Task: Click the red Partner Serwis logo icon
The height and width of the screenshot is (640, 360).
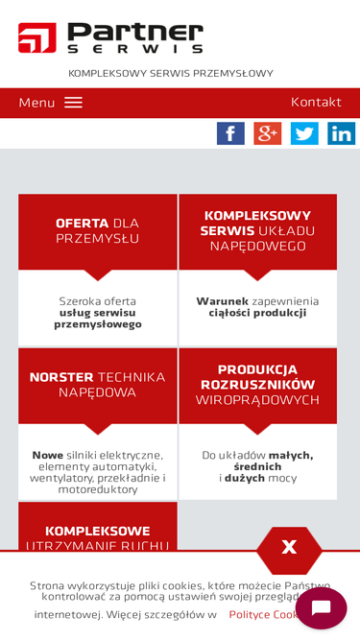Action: pyautogui.click(x=36, y=37)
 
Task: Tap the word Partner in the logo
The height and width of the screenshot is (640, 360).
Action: pyautogui.click(x=135, y=32)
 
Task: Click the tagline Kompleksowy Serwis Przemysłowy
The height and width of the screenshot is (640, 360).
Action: pyautogui.click(x=171, y=73)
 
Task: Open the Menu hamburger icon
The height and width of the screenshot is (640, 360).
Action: pyautogui.click(x=74, y=103)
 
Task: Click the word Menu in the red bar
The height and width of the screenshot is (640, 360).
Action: pyautogui.click(x=36, y=103)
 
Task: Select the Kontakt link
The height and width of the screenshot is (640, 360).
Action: pyautogui.click(x=316, y=102)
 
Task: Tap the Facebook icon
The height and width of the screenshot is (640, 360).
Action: pyautogui.click(x=230, y=133)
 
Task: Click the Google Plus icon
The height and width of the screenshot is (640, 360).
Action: pyautogui.click(x=267, y=133)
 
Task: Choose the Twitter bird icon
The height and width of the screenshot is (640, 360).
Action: pyautogui.click(x=304, y=133)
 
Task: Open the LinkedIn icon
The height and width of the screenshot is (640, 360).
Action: pyautogui.click(x=341, y=133)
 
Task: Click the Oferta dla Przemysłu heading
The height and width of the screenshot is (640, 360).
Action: pyautogui.click(x=97, y=230)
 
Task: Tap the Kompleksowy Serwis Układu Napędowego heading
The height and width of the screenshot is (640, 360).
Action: pyautogui.click(x=257, y=230)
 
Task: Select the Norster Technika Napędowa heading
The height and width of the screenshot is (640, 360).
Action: pyautogui.click(x=97, y=384)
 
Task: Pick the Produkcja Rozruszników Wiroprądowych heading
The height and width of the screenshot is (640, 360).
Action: pyautogui.click(x=257, y=384)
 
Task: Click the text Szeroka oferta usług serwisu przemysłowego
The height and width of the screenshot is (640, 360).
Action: pyautogui.click(x=97, y=312)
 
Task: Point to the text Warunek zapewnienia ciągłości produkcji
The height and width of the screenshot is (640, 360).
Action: pyautogui.click(x=257, y=306)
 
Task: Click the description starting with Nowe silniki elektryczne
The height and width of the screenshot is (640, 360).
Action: pyautogui.click(x=97, y=471)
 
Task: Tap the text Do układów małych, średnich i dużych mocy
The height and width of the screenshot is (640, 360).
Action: pyautogui.click(x=257, y=465)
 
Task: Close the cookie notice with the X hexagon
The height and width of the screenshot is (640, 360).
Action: pyautogui.click(x=289, y=548)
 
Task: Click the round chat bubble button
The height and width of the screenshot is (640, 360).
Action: pyautogui.click(x=321, y=608)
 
